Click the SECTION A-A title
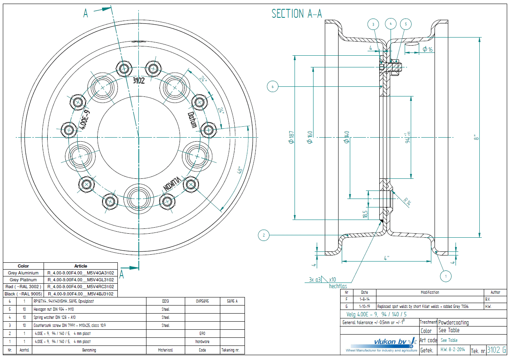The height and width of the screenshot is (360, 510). tap(297, 14)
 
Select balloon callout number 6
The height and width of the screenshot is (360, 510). tap(273, 86)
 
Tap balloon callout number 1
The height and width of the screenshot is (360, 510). tap(446, 276)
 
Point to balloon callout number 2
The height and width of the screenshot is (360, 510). tap(263, 234)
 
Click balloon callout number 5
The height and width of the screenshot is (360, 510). tap(406, 24)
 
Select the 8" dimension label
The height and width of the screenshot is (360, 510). tap(477, 137)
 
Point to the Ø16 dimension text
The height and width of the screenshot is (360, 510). tap(427, 49)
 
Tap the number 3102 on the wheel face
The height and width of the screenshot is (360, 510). tap(138, 80)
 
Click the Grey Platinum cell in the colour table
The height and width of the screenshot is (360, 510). tap(23, 280)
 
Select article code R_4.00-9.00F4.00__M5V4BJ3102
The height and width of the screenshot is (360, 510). tap(81, 294)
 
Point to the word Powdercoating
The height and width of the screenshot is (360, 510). tap(454, 322)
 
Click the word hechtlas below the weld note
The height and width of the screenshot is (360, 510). tap(338, 286)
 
